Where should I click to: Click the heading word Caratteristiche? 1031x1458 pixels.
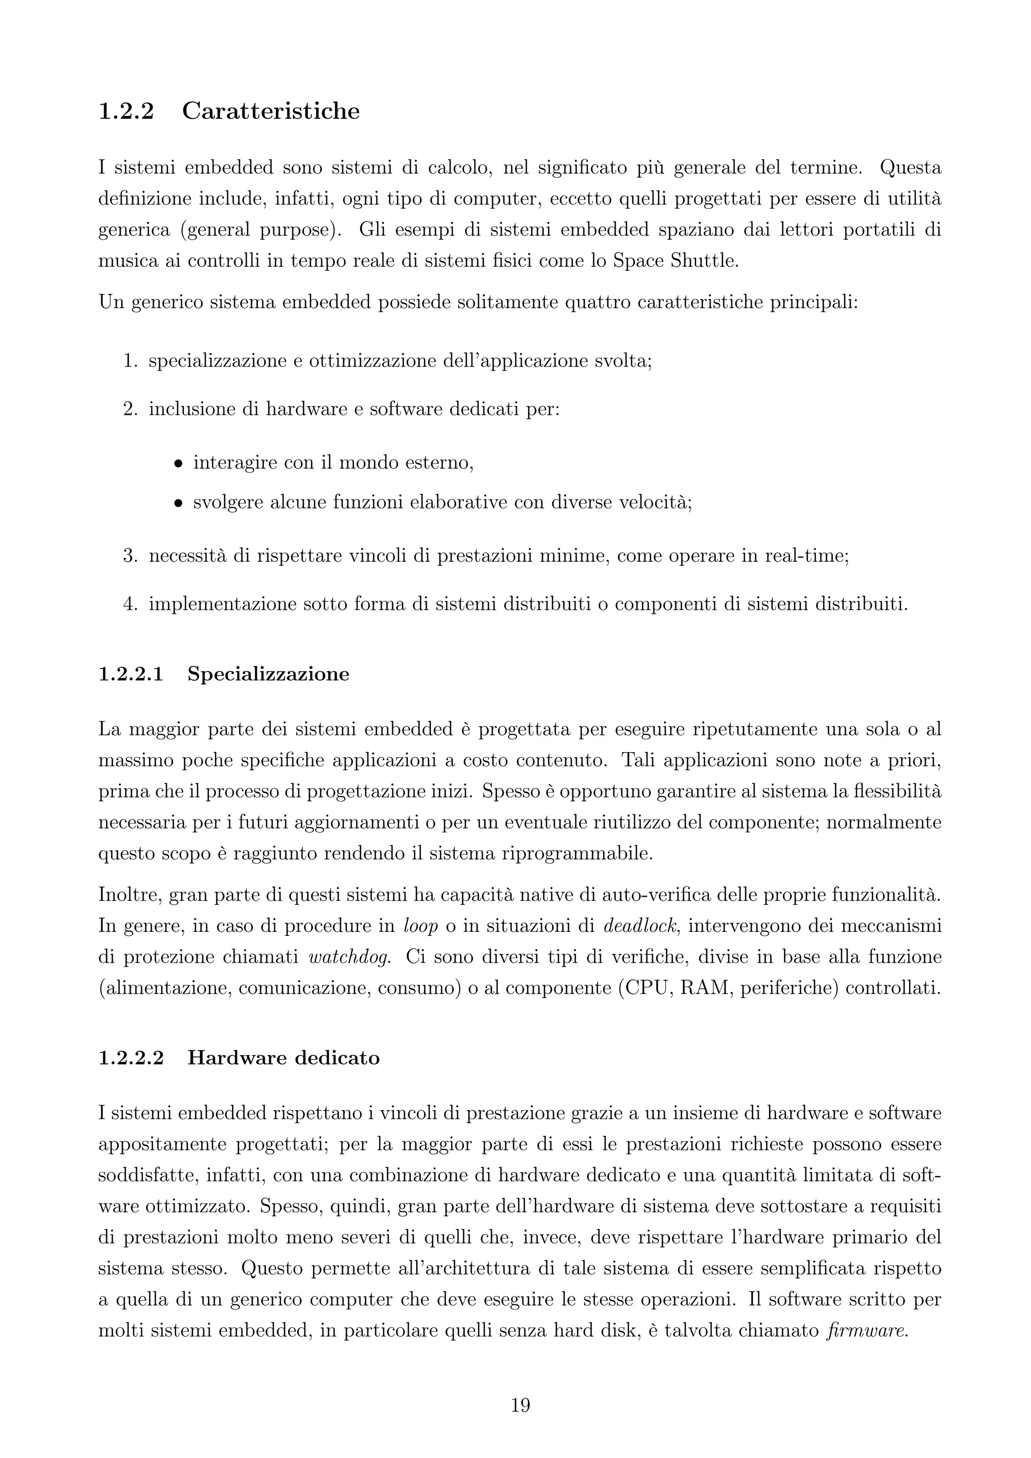click(x=270, y=111)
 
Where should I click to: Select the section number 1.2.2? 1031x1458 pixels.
click(x=126, y=111)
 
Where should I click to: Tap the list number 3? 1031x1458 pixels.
click(x=130, y=556)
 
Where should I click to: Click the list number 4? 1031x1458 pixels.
click(x=130, y=604)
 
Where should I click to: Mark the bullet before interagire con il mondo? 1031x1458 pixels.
click(x=179, y=464)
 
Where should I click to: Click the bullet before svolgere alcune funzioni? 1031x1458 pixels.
click(x=179, y=503)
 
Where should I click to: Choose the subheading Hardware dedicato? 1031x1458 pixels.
click(x=284, y=1058)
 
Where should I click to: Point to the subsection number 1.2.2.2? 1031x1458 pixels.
click(x=131, y=1058)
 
